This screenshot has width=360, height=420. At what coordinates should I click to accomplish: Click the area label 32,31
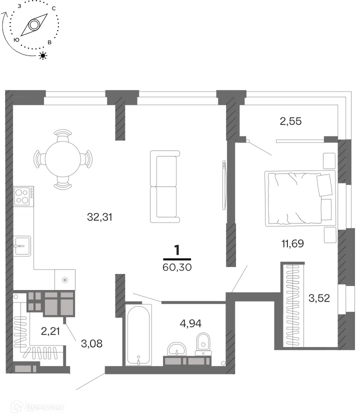(x=99, y=216)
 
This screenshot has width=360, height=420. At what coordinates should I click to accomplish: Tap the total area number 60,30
(x=177, y=267)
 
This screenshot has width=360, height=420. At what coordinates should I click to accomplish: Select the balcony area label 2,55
(x=290, y=121)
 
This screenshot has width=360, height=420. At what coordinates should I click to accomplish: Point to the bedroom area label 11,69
(x=292, y=243)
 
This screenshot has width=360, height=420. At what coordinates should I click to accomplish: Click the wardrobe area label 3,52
(x=319, y=298)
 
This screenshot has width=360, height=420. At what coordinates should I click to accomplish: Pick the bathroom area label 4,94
(x=190, y=323)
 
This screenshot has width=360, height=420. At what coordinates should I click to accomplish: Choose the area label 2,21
(x=50, y=331)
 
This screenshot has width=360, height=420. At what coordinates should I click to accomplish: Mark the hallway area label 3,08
(x=91, y=343)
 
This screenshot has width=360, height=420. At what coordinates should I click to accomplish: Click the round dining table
(x=62, y=159)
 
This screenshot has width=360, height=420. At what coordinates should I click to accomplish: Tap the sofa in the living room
(x=164, y=186)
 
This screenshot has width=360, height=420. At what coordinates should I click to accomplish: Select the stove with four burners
(x=24, y=196)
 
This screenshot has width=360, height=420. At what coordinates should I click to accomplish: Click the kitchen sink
(x=22, y=246)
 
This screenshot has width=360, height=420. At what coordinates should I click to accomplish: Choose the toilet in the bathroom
(x=203, y=343)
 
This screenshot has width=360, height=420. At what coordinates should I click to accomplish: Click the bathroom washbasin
(x=177, y=349)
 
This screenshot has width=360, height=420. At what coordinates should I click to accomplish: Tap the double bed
(x=300, y=198)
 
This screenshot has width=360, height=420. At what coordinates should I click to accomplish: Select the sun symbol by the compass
(x=43, y=55)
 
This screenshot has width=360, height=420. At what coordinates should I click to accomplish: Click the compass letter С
(x=54, y=8)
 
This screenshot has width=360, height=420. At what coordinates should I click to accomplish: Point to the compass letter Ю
(x=16, y=40)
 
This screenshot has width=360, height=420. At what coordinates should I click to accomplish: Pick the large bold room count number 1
(x=177, y=250)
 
